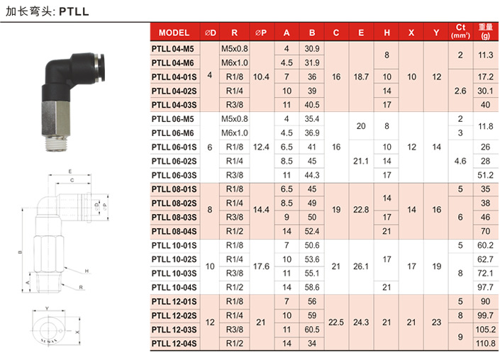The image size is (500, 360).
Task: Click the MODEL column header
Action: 174,33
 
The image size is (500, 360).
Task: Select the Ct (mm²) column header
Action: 460,31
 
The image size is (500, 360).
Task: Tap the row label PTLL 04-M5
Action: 172,49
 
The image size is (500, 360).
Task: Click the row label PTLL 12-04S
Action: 174,344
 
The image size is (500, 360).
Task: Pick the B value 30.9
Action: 312,49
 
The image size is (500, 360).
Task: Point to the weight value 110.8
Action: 485,343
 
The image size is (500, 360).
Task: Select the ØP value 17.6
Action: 261,266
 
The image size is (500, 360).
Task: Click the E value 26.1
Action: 361,266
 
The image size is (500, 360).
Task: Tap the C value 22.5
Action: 336,322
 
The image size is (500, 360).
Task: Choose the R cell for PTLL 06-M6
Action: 235,133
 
